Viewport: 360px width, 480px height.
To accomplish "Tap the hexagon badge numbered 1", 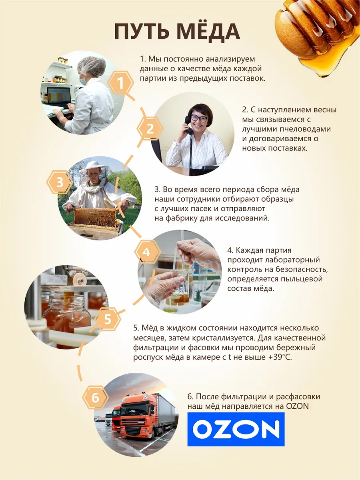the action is point(121,83).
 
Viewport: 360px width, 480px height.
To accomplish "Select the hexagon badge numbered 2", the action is point(150,129).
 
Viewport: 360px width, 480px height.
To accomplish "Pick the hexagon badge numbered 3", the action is point(60,182).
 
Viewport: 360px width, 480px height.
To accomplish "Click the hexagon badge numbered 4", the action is point(146,252).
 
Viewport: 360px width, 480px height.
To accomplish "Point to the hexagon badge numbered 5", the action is point(108,319).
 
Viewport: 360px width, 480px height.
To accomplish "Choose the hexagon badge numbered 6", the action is point(96,398).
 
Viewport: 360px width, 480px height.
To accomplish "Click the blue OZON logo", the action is point(236,430).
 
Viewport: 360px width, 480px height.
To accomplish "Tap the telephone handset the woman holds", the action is point(188,126).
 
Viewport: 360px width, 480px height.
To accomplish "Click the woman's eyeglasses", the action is point(199,118).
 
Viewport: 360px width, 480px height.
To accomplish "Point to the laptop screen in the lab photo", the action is point(59,96).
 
